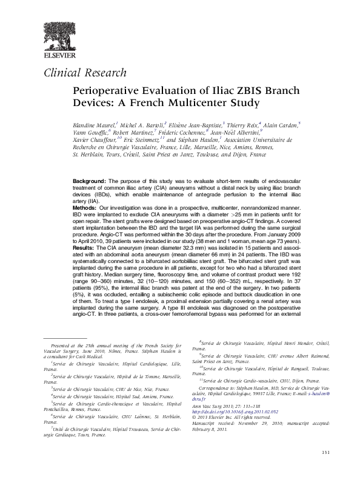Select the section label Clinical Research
point(85,73)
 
